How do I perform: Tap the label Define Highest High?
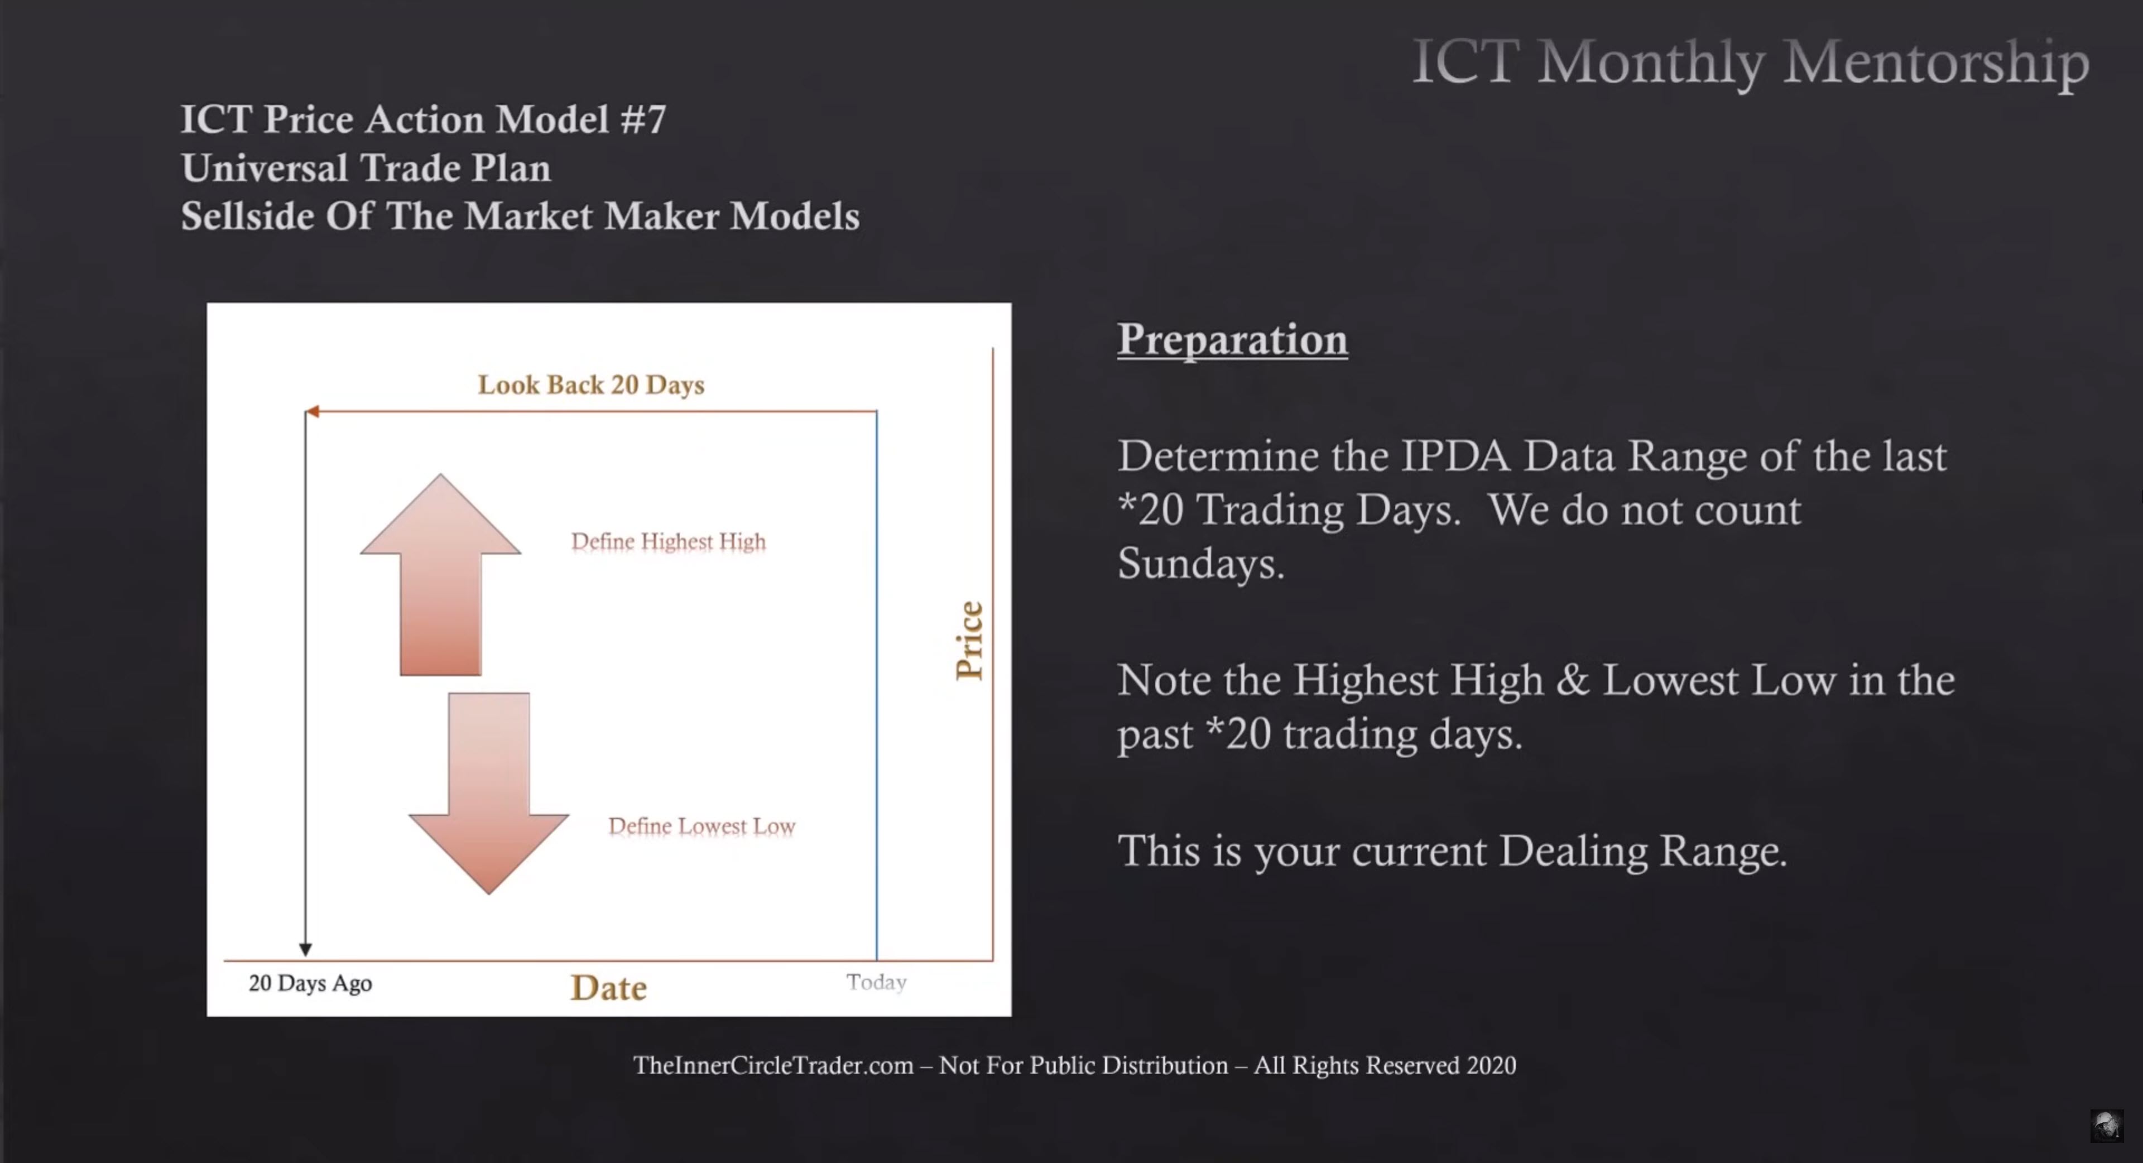tap(668, 541)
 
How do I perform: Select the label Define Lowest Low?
tap(701, 826)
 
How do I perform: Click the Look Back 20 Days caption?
tap(590, 385)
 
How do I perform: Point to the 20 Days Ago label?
tap(310, 983)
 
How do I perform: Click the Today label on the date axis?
tap(876, 983)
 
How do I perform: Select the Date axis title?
tap(608, 987)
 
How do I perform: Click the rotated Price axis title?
tap(969, 641)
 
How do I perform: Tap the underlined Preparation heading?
tap(1232, 339)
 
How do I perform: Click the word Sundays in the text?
tap(1200, 563)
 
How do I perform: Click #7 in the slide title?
tap(643, 119)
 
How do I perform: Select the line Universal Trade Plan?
tap(366, 168)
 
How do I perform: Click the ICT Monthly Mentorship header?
tap(1751, 61)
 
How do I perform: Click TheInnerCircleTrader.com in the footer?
tap(773, 1066)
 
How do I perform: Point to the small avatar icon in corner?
tap(2106, 1126)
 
